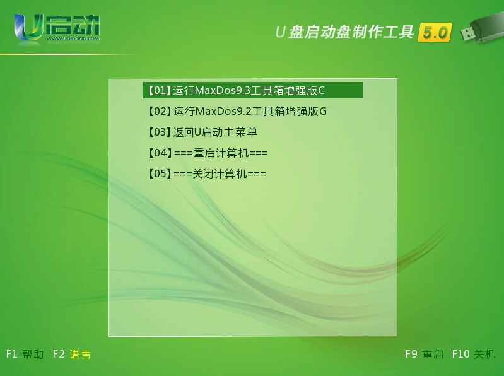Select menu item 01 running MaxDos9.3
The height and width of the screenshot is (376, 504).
click(253, 90)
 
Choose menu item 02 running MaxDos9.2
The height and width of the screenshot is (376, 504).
click(237, 112)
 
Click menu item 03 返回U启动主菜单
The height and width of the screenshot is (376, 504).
click(202, 132)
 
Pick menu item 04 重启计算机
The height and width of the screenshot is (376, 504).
click(208, 153)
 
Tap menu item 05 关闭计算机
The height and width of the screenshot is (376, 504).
click(207, 174)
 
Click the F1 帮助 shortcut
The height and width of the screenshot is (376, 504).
click(25, 354)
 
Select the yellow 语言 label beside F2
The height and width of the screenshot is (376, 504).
click(80, 354)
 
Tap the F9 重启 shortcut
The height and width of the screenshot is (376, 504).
click(425, 354)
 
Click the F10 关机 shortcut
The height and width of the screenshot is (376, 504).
click(474, 354)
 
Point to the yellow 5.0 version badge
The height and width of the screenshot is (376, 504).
click(435, 32)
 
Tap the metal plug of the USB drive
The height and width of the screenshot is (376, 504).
click(467, 33)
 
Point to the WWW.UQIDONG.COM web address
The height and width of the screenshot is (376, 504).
click(73, 39)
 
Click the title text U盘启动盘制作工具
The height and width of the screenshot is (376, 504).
click(344, 32)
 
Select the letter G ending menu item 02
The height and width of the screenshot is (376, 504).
click(323, 112)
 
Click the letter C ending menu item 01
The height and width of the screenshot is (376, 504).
click(321, 91)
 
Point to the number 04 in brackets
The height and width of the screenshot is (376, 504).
click(160, 153)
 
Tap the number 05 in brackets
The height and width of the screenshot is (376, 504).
click(160, 173)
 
